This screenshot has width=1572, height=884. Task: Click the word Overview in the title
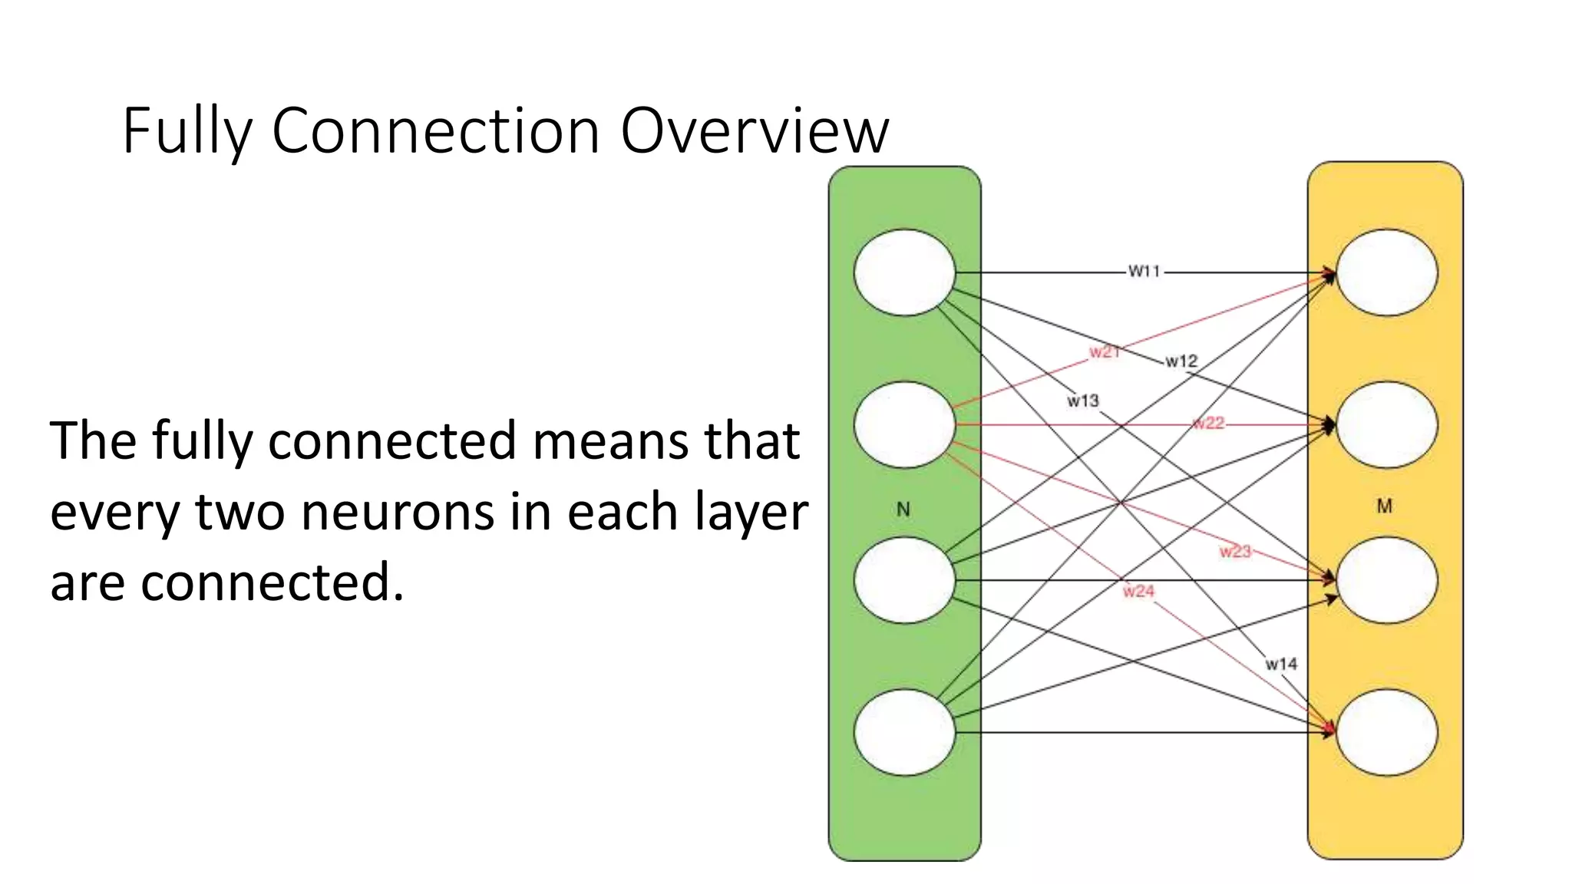click(754, 130)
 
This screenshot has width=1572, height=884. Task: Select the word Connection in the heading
click(435, 130)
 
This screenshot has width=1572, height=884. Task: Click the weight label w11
click(1144, 271)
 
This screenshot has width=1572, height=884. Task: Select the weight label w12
click(1181, 361)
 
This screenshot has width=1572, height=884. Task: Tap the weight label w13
click(1082, 401)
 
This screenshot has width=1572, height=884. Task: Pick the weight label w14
click(1281, 664)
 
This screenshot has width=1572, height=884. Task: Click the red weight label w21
click(1104, 351)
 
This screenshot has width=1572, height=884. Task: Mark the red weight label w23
click(1235, 551)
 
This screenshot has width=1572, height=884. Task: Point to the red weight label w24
click(1138, 591)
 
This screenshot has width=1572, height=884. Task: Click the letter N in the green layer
click(903, 510)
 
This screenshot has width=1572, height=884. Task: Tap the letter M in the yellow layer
click(1384, 506)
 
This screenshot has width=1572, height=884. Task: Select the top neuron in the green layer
click(904, 272)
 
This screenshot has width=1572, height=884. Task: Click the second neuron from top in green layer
click(904, 424)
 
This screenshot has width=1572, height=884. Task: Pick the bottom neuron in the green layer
click(904, 732)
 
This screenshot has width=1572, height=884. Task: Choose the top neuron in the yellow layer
click(1386, 272)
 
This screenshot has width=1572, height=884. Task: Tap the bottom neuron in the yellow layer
click(1386, 732)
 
